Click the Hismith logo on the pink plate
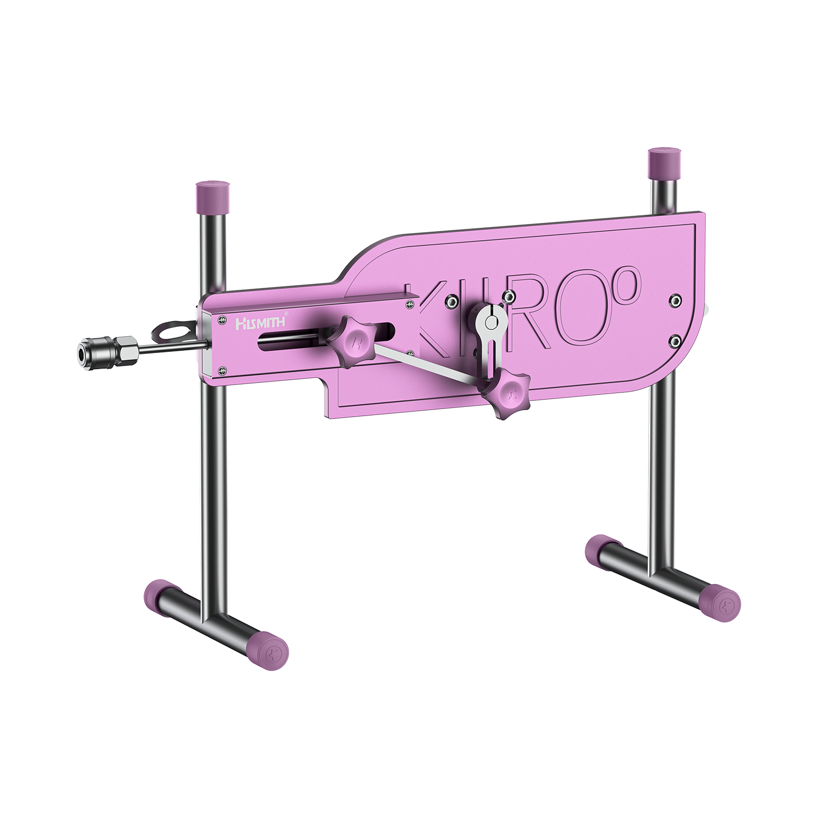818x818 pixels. (x=260, y=322)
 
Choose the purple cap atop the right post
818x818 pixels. (x=663, y=162)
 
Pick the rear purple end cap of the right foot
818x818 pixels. (x=598, y=551)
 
